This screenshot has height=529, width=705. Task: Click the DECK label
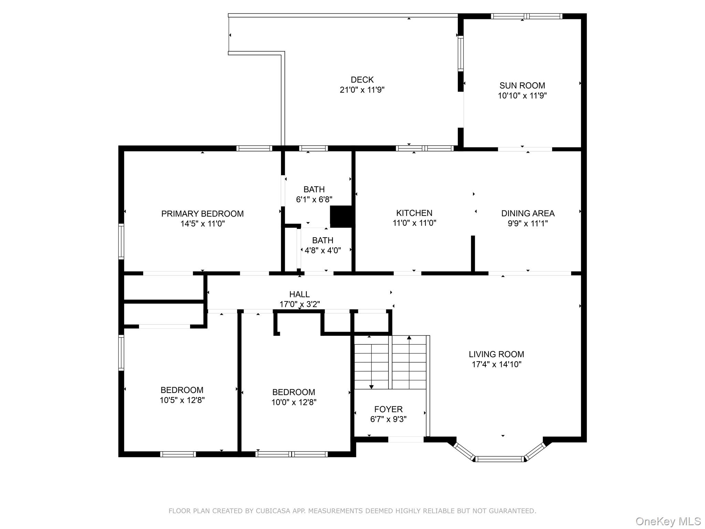pyautogui.click(x=362, y=80)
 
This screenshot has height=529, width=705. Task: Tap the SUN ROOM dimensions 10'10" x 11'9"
pyautogui.click(x=522, y=95)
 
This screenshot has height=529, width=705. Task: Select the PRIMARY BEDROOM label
pyautogui.click(x=202, y=214)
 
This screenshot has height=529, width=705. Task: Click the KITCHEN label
pyautogui.click(x=414, y=213)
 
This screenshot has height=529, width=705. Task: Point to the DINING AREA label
pyautogui.click(x=527, y=213)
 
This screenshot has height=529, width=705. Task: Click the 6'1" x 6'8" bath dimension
pyautogui.click(x=314, y=199)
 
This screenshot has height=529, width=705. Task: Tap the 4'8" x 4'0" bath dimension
pyautogui.click(x=323, y=250)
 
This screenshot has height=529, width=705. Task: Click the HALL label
pyautogui.click(x=299, y=294)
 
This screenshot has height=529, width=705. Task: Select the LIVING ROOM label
pyautogui.click(x=496, y=354)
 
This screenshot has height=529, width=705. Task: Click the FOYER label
pyautogui.click(x=388, y=409)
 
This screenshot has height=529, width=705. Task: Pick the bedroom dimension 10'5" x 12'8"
pyautogui.click(x=182, y=400)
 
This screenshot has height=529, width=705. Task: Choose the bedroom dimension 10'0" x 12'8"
pyautogui.click(x=294, y=402)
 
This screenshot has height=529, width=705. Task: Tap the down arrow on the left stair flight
pyautogui.click(x=371, y=387)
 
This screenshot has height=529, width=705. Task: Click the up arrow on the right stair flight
pyautogui.click(x=409, y=338)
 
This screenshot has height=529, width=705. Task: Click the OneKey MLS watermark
pyautogui.click(x=668, y=521)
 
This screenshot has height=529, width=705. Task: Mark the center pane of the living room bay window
pyautogui.click(x=499, y=459)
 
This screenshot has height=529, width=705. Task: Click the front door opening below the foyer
pyautogui.click(x=406, y=439)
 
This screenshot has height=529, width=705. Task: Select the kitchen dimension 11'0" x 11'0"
pyautogui.click(x=414, y=223)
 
